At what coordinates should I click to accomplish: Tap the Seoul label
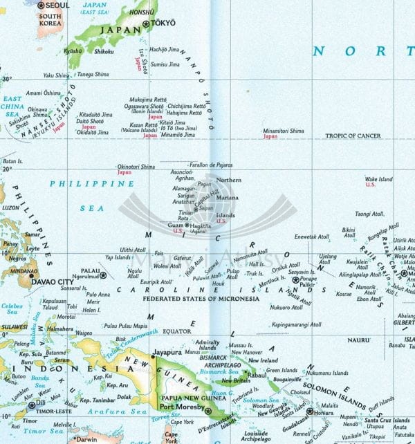(x=55, y=6)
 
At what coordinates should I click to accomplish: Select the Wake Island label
(x=378, y=179)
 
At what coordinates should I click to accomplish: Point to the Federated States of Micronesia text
(x=200, y=299)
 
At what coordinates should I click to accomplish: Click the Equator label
(x=176, y=331)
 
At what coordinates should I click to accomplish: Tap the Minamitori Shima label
(x=283, y=131)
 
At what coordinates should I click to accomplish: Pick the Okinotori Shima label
(x=136, y=167)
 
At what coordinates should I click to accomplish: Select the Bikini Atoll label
(x=349, y=232)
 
